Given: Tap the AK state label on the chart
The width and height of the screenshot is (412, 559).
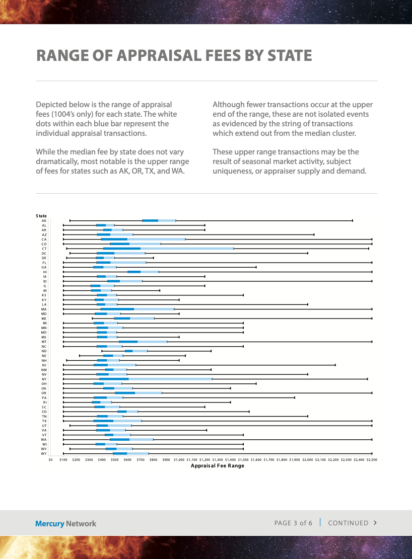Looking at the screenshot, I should [44, 221].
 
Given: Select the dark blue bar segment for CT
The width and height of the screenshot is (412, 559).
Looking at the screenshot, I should [122, 249].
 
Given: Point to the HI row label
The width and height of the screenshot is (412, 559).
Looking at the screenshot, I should [44, 272].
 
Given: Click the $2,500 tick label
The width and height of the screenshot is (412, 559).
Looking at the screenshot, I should [372, 459].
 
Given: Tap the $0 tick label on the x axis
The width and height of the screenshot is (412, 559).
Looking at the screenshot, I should [50, 459].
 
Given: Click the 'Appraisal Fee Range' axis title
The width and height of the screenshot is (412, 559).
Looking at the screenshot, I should [217, 466].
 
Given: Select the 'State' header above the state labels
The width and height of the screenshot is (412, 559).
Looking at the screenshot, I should [41, 216].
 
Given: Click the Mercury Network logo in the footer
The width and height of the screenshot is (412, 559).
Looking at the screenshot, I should [65, 523].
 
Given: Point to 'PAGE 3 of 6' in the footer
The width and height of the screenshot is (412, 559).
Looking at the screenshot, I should [293, 523].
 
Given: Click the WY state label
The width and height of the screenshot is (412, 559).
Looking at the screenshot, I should [44, 454].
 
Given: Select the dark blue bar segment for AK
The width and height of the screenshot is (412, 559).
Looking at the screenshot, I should [150, 221].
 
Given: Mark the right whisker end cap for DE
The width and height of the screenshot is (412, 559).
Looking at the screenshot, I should [153, 258].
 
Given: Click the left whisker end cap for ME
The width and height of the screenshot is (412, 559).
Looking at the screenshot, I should [92, 318].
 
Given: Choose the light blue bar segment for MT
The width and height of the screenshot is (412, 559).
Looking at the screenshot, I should [152, 342].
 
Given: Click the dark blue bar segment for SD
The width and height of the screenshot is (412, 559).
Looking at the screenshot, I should [122, 412].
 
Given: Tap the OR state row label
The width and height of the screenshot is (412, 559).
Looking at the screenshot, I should [44, 393].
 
